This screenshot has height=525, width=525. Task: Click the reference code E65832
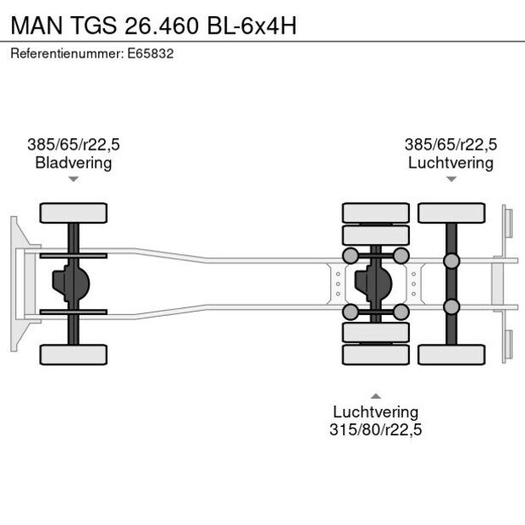(x=153, y=52)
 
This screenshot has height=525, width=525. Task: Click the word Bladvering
(x=74, y=163)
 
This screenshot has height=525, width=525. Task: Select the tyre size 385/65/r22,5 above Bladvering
(x=74, y=145)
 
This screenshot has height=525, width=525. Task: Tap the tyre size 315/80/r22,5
(x=376, y=429)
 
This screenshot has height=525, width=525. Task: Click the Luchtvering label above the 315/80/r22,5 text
(x=376, y=412)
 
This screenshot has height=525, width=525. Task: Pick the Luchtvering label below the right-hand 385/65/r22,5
(x=450, y=163)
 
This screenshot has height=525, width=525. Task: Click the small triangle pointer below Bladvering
(x=74, y=179)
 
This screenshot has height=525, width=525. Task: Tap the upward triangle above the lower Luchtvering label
(x=376, y=395)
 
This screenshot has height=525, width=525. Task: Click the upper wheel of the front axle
(x=74, y=213)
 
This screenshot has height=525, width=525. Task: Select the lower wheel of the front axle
(x=74, y=354)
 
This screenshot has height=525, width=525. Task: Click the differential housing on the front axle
(x=71, y=284)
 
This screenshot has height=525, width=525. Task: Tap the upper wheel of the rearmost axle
(x=450, y=213)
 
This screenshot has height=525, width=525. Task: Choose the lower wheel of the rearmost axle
(x=450, y=354)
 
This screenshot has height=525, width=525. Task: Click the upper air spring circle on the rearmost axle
(x=451, y=261)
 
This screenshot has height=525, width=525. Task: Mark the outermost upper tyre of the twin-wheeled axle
(x=376, y=213)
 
